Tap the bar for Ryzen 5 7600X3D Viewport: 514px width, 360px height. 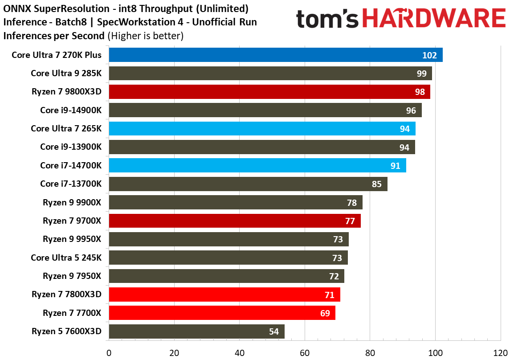196,331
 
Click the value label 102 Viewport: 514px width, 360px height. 430,55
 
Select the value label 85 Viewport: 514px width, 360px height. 376,184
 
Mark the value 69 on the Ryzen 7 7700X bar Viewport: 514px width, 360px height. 325,313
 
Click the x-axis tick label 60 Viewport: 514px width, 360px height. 305,353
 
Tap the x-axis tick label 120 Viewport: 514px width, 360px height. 500,353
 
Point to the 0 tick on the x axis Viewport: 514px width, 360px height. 109,353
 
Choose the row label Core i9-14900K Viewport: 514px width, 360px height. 71,110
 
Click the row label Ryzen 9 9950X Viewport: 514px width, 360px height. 72,239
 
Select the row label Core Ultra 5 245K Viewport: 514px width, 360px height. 66,258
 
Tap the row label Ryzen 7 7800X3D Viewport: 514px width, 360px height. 67,294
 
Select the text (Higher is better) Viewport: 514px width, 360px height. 146,36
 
